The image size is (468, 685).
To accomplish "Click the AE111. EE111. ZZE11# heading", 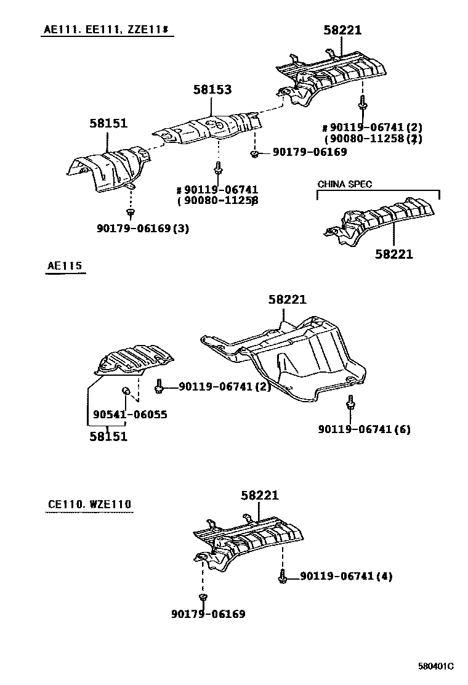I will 106,29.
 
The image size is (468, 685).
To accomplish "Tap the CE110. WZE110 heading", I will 89,505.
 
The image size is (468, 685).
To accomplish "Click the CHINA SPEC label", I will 344,184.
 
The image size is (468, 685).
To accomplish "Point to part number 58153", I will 212,90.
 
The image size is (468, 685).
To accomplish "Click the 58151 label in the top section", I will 108,123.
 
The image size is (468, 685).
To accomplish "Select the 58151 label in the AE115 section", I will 108,437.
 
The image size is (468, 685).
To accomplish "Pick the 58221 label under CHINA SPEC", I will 394,253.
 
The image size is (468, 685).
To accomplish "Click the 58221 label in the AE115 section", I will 287,300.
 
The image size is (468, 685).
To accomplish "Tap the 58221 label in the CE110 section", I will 260,495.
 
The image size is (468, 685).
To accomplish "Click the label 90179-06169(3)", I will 142,229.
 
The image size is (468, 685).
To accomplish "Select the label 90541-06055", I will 130,415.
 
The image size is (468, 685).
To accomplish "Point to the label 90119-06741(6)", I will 365,429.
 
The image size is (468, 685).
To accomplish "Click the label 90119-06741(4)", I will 347,577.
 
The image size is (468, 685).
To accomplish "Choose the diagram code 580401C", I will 435,666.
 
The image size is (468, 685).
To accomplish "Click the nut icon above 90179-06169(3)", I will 131,213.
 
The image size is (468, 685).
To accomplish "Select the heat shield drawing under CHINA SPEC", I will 382,219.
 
